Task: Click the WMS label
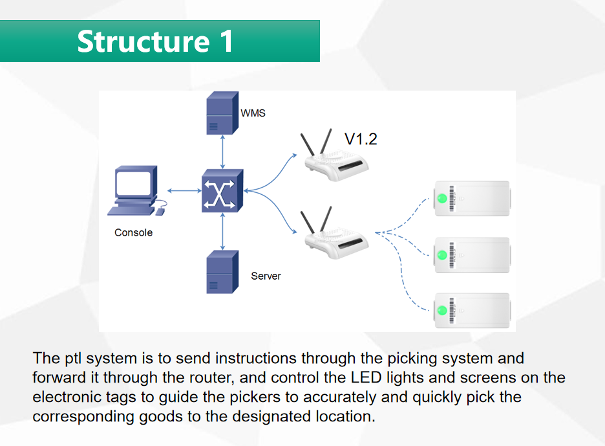pyautogui.click(x=253, y=113)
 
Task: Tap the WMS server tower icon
pyautogui.click(x=222, y=113)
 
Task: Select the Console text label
pyautogui.click(x=134, y=232)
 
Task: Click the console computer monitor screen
pyautogui.click(x=133, y=183)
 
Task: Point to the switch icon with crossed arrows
pyautogui.click(x=222, y=190)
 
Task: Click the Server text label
pyautogui.click(x=266, y=276)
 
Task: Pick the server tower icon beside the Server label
pyautogui.click(x=222, y=272)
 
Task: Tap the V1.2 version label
pyautogui.click(x=361, y=139)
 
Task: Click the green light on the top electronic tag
pyautogui.click(x=442, y=199)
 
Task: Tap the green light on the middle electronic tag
pyautogui.click(x=442, y=255)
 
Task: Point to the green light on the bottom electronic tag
pyautogui.click(x=442, y=310)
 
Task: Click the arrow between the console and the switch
pyautogui.click(x=184, y=190)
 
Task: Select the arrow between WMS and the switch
pyautogui.click(x=222, y=152)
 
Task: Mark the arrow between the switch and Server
pyautogui.click(x=222, y=232)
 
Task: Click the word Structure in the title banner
pyautogui.click(x=143, y=41)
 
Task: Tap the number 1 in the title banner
pyautogui.click(x=227, y=41)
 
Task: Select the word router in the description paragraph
pyautogui.click(x=211, y=377)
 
